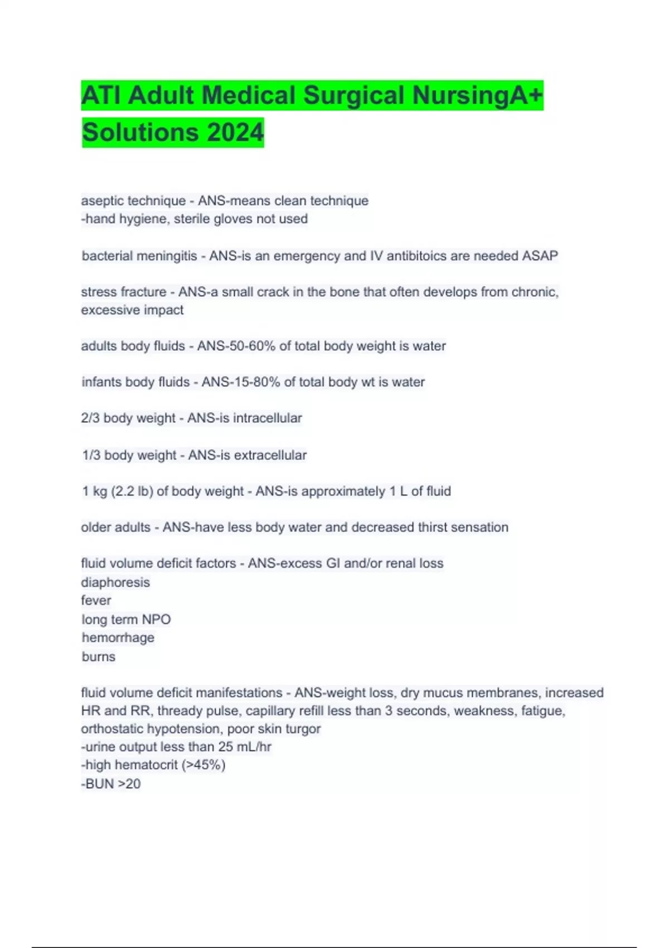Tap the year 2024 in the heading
click(x=235, y=133)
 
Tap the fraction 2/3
click(x=90, y=418)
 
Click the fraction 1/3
click(x=91, y=456)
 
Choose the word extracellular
click(x=270, y=456)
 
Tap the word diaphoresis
click(x=115, y=583)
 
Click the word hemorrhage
click(x=118, y=638)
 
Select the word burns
click(x=99, y=657)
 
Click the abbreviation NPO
click(x=156, y=620)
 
